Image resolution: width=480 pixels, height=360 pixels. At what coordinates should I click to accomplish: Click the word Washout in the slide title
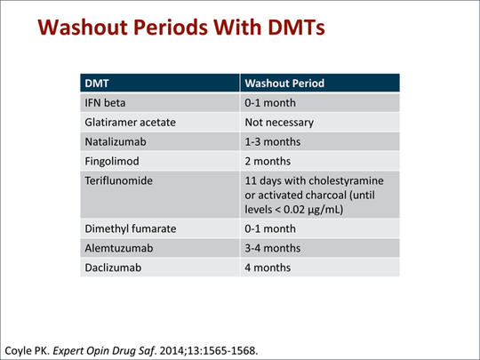(x=83, y=28)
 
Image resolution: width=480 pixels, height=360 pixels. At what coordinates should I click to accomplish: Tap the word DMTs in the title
(x=296, y=28)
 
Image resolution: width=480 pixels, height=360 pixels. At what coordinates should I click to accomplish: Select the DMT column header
(x=97, y=84)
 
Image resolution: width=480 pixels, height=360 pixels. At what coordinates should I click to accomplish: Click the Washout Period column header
(x=284, y=84)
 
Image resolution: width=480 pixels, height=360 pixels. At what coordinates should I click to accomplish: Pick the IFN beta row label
(x=105, y=103)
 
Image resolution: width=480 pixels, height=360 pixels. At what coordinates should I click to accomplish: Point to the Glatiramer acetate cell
(x=130, y=123)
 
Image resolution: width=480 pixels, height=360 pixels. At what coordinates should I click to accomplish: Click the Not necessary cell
(x=279, y=123)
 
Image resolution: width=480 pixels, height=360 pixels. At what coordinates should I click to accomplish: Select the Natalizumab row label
(x=116, y=141)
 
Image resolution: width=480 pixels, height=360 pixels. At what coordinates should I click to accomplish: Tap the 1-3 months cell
(x=273, y=141)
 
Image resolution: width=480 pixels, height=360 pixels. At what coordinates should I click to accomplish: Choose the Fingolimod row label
(x=112, y=161)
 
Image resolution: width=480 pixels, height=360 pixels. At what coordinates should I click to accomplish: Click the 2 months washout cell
(x=268, y=161)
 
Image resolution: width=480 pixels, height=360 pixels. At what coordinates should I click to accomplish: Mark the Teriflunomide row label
(x=118, y=180)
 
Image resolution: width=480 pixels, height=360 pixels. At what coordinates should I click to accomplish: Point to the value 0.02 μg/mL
(x=314, y=210)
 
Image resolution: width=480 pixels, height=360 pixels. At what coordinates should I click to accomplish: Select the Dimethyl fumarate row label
(x=131, y=228)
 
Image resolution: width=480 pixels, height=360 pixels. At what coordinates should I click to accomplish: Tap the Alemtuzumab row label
(x=119, y=248)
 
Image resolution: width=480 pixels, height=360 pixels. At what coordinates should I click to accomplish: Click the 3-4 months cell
(x=273, y=248)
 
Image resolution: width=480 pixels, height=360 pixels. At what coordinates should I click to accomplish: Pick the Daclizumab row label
(x=113, y=268)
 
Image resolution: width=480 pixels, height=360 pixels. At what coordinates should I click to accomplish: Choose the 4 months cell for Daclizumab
(x=268, y=268)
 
